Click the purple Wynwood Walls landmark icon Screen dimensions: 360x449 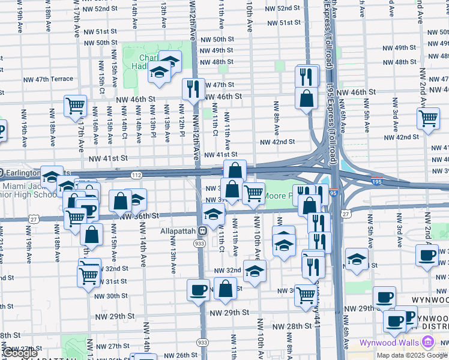tap(427, 343)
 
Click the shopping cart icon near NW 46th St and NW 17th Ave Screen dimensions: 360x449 tap(76, 106)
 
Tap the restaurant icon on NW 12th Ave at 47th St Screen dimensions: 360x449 tap(193, 89)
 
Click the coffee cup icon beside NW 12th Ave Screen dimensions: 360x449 tap(198, 290)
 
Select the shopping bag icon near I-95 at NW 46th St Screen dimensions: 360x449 tap(306, 98)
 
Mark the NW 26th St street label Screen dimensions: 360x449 tap(178, 355)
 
